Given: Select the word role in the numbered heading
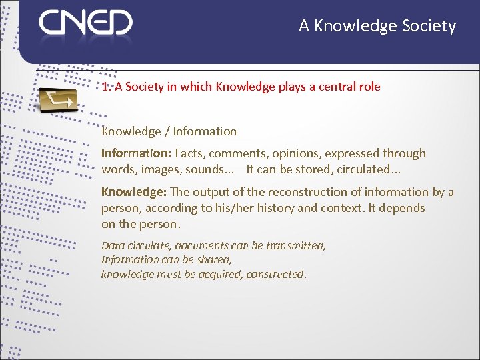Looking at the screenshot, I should click(368, 87).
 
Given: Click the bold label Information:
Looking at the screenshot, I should click(136, 153).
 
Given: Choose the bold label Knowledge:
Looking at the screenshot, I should click(134, 192).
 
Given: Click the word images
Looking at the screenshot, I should click(160, 169).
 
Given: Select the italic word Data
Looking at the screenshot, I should click(113, 245).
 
